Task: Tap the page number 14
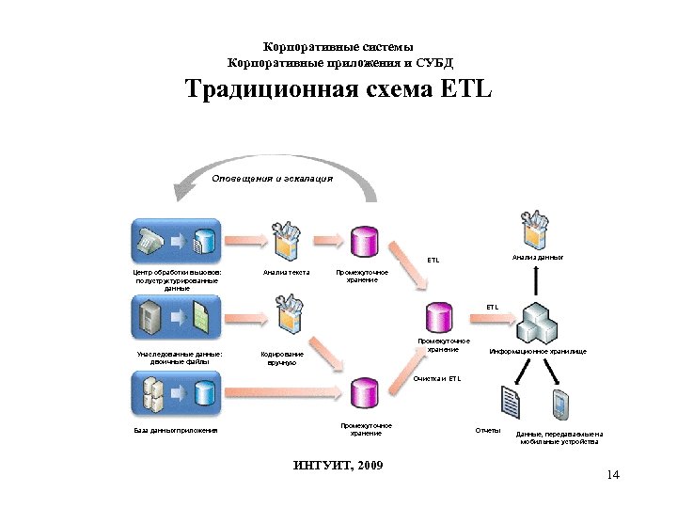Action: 614,475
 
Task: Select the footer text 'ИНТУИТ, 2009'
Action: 338,467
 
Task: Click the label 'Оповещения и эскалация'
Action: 272,177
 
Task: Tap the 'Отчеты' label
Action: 488,430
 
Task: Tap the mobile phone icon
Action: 561,403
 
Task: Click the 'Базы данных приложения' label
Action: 176,431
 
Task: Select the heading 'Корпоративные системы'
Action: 338,47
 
